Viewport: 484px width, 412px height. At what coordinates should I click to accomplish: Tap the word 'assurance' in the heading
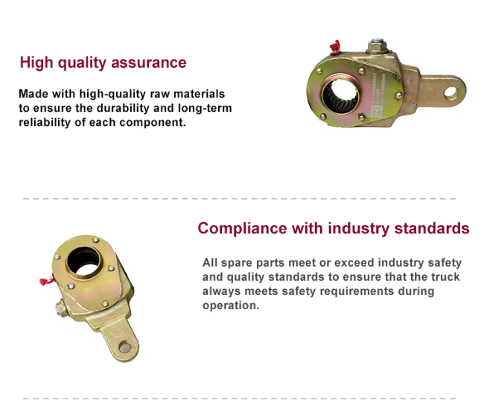point(149,63)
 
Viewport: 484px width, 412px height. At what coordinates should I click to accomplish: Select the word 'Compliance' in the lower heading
point(242,229)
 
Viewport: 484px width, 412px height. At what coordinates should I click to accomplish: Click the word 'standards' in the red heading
point(432,229)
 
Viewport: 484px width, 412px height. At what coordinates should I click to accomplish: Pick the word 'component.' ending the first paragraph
point(153,123)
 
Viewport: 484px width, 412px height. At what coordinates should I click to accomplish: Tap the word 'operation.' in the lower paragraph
point(231,305)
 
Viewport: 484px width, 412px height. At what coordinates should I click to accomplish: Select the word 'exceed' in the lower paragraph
point(354,263)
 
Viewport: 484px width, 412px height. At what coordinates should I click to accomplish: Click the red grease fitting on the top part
point(335,47)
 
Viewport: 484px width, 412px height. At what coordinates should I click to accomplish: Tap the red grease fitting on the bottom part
point(47,280)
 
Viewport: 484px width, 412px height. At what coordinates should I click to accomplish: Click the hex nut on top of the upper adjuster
point(377,46)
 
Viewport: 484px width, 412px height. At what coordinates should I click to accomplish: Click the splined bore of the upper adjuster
point(341,95)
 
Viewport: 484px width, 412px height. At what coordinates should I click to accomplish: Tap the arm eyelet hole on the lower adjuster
point(124,347)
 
